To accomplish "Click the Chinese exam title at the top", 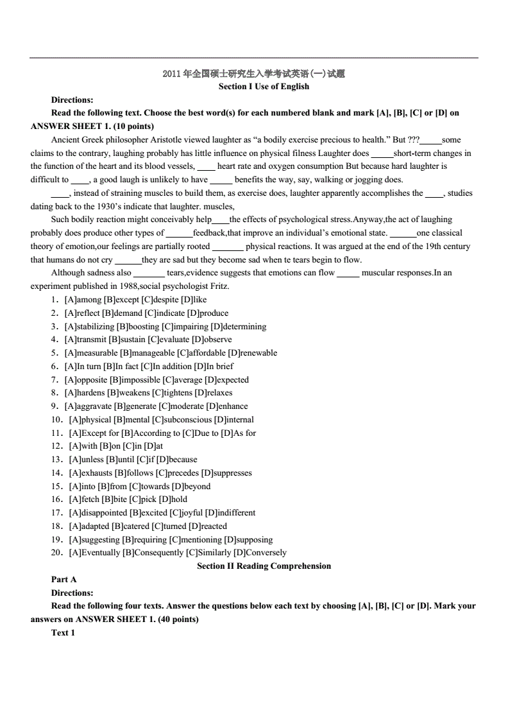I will coord(254,74).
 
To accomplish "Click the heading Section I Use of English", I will coord(264,87).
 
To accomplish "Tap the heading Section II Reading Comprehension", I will coord(264,566).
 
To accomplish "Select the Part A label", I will coord(64,580).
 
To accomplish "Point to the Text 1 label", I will coord(63,633).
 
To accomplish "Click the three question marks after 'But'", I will coord(419,140).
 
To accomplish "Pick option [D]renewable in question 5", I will coord(253,353).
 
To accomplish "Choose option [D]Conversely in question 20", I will coord(260,553).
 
